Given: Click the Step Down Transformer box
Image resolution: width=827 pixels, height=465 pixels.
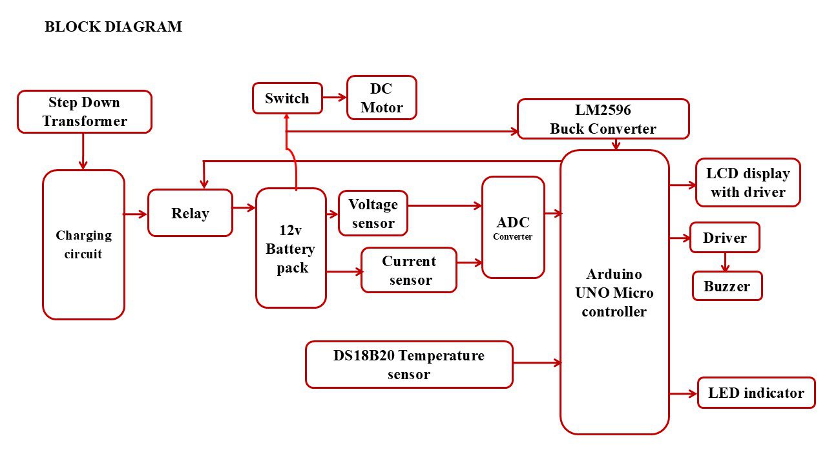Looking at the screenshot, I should (84, 112).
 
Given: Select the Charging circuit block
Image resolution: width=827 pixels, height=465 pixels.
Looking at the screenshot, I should (83, 245).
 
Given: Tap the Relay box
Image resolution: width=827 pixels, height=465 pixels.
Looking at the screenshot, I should (190, 213).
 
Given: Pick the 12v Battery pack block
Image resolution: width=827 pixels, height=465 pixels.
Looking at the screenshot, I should (291, 248).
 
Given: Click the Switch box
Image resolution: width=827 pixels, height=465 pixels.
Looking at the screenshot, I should (287, 98).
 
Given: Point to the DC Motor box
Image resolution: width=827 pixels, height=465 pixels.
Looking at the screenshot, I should (382, 98).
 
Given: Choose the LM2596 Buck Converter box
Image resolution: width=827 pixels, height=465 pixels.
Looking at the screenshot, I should (603, 119).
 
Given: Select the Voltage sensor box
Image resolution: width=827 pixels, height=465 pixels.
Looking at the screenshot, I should (373, 213).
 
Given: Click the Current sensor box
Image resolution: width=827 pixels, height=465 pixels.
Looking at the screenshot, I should (408, 270).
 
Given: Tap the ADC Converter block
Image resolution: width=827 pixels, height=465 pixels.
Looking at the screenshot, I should (513, 227).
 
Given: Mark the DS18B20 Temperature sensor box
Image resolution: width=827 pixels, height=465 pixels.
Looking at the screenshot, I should (409, 364).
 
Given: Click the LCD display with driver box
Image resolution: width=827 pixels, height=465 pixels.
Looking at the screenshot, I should (748, 182).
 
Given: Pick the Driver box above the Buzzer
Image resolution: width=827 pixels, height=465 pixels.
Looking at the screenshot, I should (724, 238).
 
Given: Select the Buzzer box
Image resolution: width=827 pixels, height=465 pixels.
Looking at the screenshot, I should (727, 286).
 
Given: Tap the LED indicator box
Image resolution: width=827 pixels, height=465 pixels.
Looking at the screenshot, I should (756, 393).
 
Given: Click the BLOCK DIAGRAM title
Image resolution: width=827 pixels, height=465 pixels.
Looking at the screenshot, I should (113, 26).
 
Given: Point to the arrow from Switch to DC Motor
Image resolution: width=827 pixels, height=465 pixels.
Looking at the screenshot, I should (334, 98).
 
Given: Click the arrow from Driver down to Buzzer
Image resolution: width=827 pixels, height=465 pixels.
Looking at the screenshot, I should (725, 262).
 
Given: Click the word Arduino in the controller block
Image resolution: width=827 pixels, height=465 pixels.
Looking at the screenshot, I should (614, 274).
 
